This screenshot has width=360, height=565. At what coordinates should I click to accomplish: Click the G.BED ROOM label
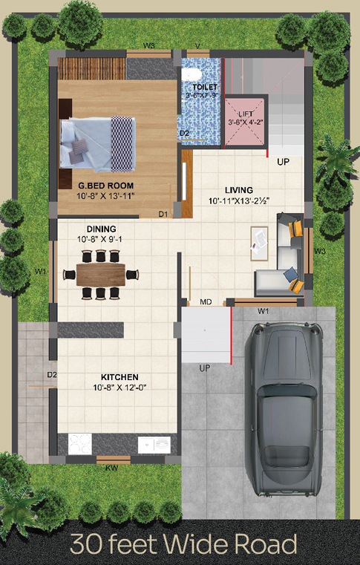tap(105, 186)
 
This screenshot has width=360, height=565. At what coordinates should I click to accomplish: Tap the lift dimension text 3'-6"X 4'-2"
tap(246, 123)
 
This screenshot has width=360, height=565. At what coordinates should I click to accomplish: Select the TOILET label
tap(205, 87)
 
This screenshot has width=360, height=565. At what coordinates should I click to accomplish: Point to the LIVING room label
tap(239, 190)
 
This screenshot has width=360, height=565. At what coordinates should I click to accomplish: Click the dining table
tap(101, 275)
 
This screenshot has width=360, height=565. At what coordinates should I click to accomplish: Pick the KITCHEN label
tap(120, 377)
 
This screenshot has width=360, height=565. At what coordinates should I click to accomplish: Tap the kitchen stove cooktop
tap(80, 444)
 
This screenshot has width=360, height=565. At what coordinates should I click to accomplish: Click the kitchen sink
tap(154, 445)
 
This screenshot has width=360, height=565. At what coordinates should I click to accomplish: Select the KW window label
tap(112, 468)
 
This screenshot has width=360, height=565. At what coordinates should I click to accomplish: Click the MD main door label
tap(206, 302)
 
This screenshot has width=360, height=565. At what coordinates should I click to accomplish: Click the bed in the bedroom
tap(98, 144)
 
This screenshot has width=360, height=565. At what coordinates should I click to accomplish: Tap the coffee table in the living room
tap(260, 244)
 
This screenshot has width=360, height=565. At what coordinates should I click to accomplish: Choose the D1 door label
tap(163, 214)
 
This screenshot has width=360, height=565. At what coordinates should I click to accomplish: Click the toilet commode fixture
tap(191, 75)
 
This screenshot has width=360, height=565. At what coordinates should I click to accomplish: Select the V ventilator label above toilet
tap(197, 46)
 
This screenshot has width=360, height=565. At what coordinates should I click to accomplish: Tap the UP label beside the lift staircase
tap(284, 162)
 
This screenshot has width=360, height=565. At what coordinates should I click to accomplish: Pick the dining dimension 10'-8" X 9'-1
tap(102, 239)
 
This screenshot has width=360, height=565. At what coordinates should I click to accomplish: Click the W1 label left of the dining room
tap(41, 271)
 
